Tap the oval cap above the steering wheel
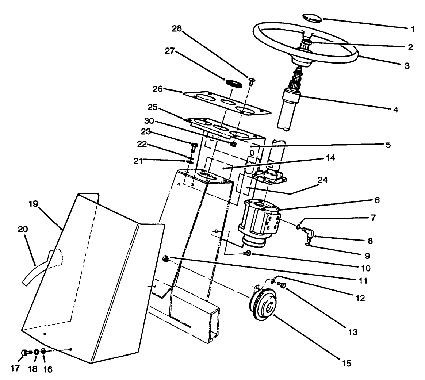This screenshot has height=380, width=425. point(313,18)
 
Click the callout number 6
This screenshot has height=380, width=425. point(376,200)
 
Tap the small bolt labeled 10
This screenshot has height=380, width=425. point(248,253)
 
